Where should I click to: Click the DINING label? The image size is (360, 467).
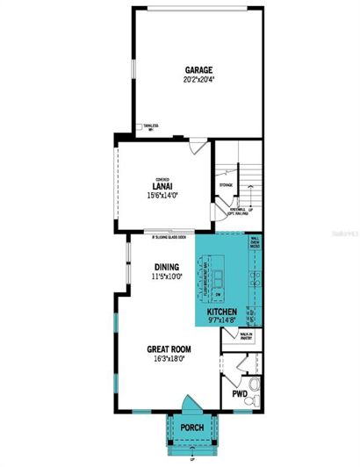pos(167,267)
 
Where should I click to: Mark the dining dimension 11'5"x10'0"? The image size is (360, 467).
pos(167,277)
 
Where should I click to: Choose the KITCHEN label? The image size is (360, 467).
pos(223,312)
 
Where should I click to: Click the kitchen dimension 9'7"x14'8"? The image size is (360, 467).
pos(223,321)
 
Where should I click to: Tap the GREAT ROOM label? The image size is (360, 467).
pos(169,349)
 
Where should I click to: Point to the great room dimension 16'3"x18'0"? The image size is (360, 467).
pos(169,360)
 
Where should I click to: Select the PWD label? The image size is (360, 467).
pos(239,395)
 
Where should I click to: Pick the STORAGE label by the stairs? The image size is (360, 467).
pos(226,185)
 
